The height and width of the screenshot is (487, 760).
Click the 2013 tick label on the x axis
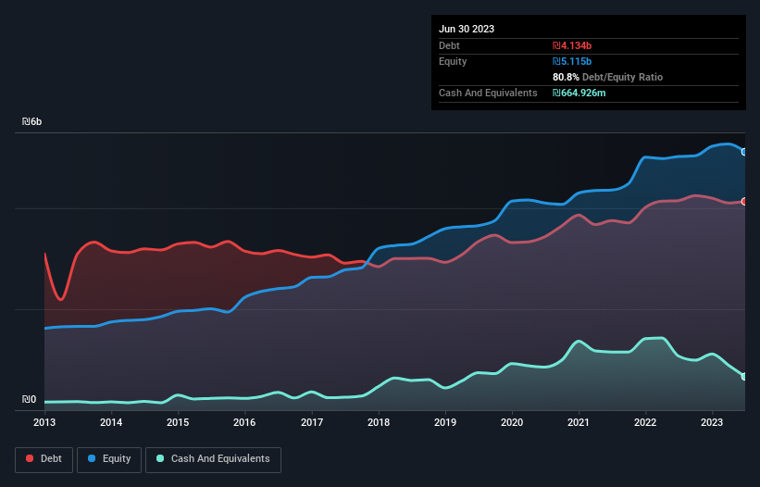44,422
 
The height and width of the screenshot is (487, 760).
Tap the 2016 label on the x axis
244,422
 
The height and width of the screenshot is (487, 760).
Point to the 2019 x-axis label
445,422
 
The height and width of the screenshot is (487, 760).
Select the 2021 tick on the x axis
579,422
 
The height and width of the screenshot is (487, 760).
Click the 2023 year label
713,422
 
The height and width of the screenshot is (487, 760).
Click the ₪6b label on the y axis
32,122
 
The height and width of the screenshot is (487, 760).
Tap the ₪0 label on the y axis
30,400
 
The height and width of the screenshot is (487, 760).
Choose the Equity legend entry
109,459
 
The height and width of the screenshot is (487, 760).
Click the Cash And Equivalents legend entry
213,459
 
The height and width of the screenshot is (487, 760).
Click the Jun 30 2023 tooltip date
467,29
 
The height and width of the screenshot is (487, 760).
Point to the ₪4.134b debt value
572,45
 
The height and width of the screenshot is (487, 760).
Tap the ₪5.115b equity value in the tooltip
572,61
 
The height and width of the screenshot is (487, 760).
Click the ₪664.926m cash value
579,93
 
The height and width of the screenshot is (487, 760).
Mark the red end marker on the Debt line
744,201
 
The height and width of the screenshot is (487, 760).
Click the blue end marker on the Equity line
744,152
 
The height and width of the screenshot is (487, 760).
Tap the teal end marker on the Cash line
744,376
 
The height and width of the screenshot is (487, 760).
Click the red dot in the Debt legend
30,459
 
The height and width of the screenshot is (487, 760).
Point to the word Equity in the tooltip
453,61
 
